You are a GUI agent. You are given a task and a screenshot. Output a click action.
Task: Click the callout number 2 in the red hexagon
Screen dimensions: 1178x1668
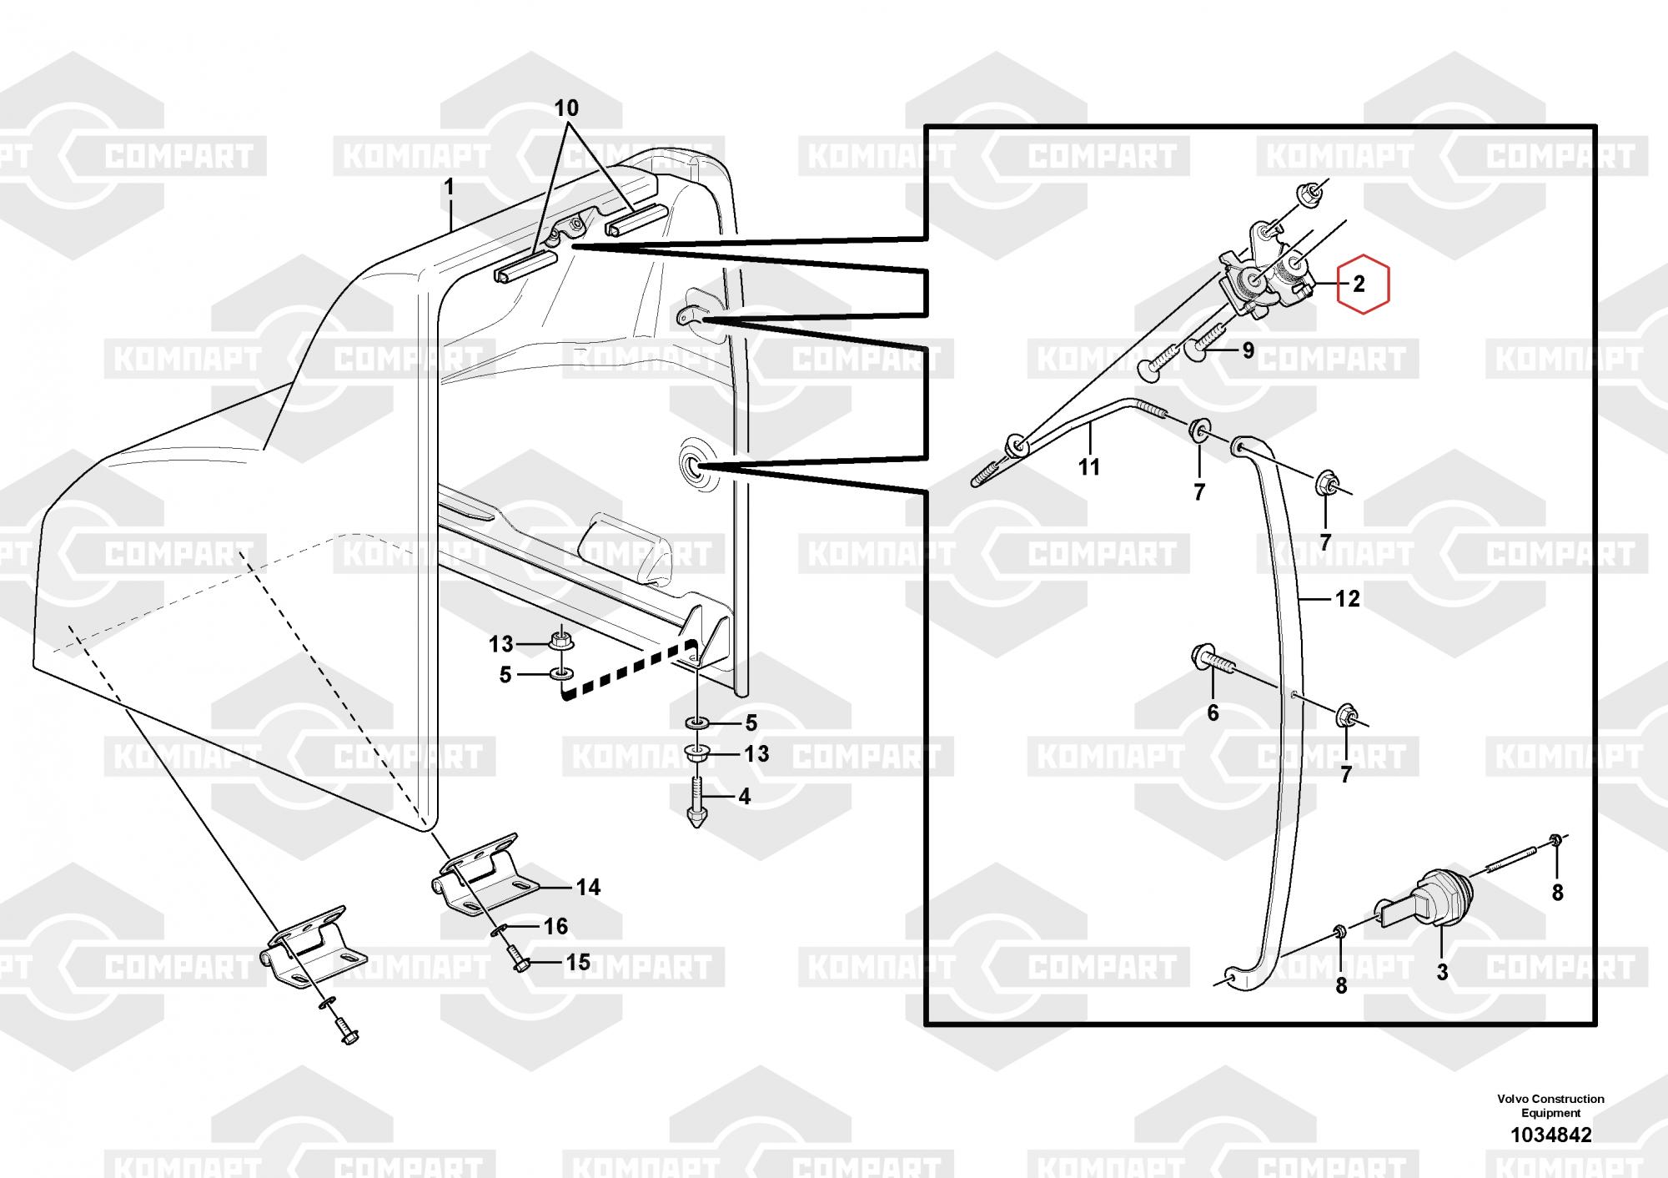click(1359, 284)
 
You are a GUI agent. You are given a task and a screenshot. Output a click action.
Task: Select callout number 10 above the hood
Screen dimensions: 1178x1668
click(566, 108)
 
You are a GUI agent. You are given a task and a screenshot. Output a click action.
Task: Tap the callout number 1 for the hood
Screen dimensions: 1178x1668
click(450, 187)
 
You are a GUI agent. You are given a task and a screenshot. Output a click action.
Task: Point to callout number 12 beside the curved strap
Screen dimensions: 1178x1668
click(1347, 598)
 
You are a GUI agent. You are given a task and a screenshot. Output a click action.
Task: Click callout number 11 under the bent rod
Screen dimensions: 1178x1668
click(1089, 466)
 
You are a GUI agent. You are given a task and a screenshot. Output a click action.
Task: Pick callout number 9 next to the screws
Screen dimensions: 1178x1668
click(1248, 350)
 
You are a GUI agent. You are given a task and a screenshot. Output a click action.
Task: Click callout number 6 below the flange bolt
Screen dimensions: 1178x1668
click(1213, 712)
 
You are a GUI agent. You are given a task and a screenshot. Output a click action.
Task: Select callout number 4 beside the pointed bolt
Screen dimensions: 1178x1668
click(744, 797)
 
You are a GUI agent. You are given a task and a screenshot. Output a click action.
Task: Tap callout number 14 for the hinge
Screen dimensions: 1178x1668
click(588, 887)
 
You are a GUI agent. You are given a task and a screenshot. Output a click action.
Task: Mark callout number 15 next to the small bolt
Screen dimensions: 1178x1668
click(578, 962)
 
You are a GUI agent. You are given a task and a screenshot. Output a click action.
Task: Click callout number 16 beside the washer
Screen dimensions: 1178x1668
click(555, 925)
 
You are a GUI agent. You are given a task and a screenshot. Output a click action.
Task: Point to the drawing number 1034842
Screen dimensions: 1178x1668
click(1550, 1135)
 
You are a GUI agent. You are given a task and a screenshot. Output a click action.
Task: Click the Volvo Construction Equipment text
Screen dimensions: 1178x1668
click(1550, 1105)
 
